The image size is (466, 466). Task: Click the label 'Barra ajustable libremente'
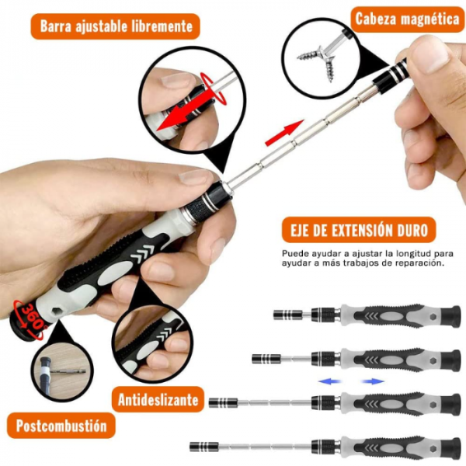point(116,26)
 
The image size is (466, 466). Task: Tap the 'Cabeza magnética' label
point(407,19)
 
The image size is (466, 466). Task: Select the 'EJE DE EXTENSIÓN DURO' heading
point(359,231)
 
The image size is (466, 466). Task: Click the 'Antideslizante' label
point(158,400)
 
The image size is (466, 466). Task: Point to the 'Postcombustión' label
point(61,426)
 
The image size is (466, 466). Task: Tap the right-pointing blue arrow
point(373,381)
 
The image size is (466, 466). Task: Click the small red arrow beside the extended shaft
point(284,133)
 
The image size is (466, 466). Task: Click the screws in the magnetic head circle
point(318,61)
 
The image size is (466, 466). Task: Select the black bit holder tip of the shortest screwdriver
point(288,315)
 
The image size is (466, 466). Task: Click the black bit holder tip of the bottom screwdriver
point(204,447)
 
